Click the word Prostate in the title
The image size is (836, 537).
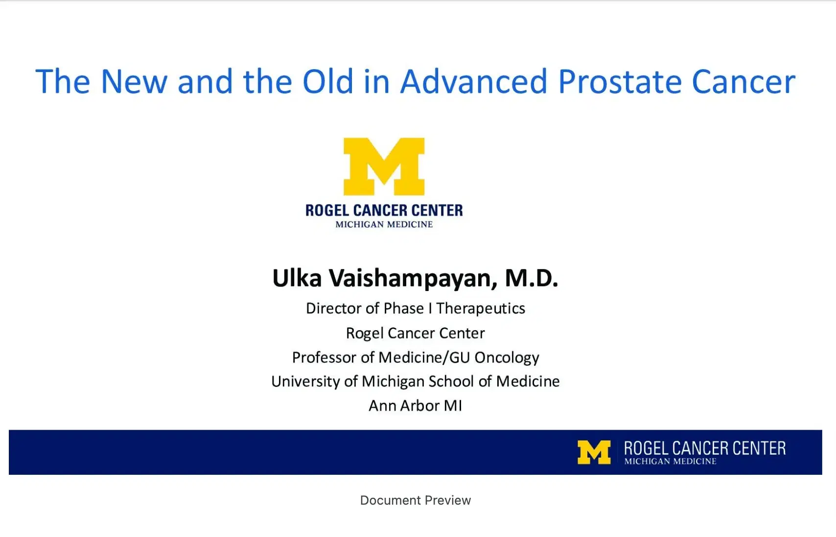620,82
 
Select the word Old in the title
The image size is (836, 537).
327,82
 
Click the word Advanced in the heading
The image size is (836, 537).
474,82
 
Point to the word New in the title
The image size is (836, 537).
134,82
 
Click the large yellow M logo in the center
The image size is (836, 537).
384,167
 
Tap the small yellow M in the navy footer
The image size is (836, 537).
594,452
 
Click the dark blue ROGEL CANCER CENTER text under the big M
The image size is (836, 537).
384,210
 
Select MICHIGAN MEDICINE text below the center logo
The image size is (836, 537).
384,224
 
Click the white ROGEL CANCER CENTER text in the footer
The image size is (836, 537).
704,448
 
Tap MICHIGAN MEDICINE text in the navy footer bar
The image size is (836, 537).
670,462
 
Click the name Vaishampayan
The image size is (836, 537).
413,278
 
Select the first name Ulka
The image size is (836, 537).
297,278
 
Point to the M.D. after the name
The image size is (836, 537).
531,278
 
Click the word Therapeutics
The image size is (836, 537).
480,309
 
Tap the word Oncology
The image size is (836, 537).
507,358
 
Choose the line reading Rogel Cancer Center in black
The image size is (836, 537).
415,333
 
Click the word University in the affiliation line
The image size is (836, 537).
305,382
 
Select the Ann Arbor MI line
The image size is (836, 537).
415,406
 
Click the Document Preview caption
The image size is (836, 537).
415,500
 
